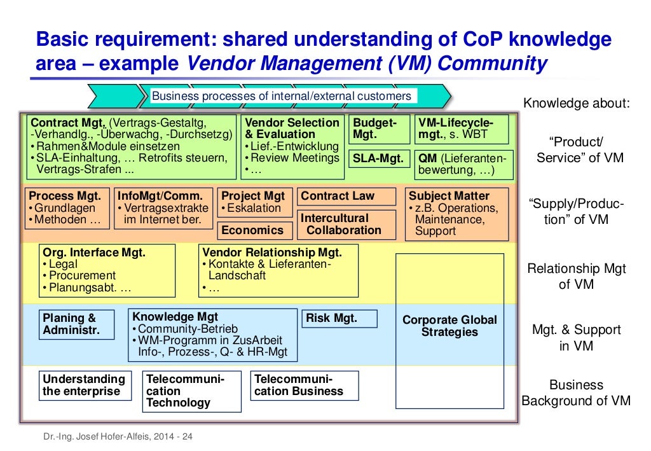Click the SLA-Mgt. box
[378, 159]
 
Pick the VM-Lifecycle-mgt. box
[462, 129]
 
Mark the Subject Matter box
[456, 214]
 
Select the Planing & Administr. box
[76, 324]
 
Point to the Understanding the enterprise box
[85, 385]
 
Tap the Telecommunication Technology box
[192, 391]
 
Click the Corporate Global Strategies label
[449, 326]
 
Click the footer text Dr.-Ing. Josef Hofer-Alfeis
[118, 436]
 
